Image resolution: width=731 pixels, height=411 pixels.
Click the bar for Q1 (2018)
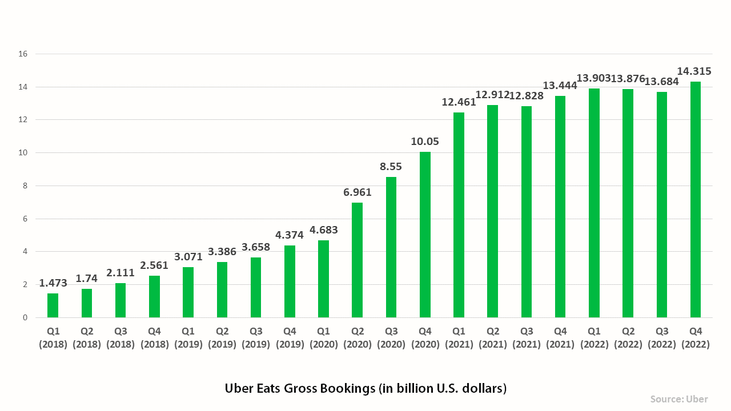53,305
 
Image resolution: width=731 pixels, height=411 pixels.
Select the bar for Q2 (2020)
358,260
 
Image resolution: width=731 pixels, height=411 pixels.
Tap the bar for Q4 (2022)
696,200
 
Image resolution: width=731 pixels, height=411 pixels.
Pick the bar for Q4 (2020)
425,235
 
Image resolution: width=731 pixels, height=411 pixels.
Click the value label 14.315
694,71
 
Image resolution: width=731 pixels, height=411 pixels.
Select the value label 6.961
358,192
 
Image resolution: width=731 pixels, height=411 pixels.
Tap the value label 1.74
87,279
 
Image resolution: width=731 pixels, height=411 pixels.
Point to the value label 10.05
425,142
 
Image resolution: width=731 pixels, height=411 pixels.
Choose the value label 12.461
459,103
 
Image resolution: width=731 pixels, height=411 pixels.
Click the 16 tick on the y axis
23,54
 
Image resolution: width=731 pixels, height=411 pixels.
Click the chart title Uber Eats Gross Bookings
365,389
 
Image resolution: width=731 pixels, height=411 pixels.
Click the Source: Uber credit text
679,399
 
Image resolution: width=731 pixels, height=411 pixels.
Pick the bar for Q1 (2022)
594,203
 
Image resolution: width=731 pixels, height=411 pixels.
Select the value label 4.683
324,230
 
